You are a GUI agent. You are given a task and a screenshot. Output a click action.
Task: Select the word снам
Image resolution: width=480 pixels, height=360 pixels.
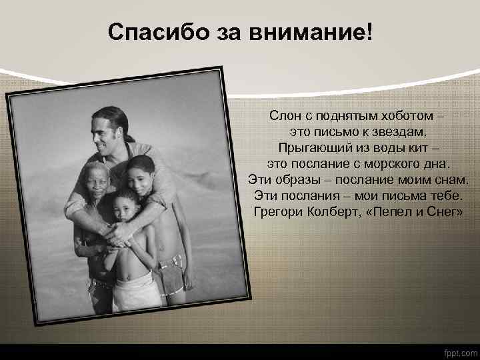(449, 179)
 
